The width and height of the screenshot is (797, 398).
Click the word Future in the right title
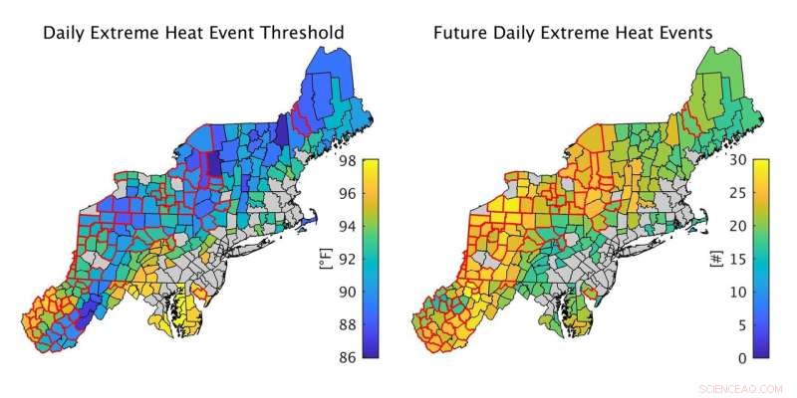point(460,33)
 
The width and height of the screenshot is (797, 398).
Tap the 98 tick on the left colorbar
point(384,159)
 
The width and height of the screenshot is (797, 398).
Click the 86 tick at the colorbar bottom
point(384,358)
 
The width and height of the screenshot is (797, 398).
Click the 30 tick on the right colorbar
point(776,159)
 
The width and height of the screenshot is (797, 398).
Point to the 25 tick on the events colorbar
point(776,192)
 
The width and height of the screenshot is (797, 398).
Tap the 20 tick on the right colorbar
point(776,226)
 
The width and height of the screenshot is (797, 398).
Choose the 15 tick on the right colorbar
point(776,259)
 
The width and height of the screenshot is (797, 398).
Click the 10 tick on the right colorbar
point(776,292)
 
